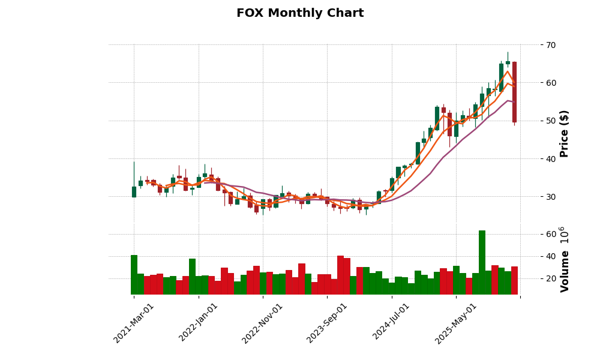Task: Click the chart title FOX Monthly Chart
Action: [x=300, y=13]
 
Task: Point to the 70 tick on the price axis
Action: [x=550, y=45]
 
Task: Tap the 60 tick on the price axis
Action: [x=550, y=83]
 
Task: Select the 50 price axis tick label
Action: [x=550, y=121]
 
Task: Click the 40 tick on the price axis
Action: [x=550, y=159]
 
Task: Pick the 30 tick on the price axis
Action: [x=550, y=197]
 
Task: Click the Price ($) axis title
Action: [x=565, y=133]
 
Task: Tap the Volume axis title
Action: [x=565, y=259]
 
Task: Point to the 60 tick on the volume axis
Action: [x=550, y=234]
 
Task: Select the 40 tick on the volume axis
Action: [x=550, y=256]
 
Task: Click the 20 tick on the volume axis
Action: [x=550, y=278]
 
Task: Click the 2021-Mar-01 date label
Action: [x=134, y=323]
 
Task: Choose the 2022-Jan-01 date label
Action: [x=199, y=323]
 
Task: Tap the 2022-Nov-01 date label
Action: [x=263, y=323]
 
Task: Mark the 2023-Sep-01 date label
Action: [x=328, y=323]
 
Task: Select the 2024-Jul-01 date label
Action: [x=392, y=323]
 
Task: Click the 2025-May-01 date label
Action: [x=456, y=323]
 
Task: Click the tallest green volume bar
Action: [x=482, y=262]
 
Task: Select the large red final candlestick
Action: [x=514, y=92]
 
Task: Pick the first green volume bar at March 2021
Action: [x=134, y=275]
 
